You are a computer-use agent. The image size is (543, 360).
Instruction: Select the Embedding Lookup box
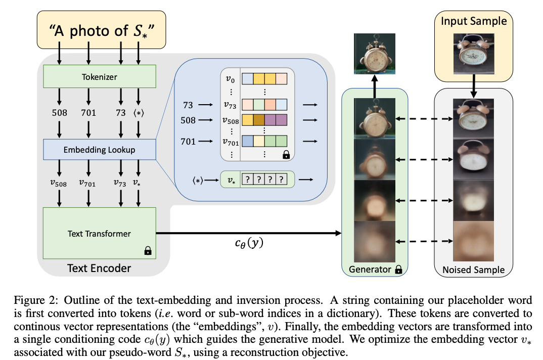(99, 150)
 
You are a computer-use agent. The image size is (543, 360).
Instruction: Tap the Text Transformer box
(99, 233)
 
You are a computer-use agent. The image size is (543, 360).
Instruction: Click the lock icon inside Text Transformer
(148, 250)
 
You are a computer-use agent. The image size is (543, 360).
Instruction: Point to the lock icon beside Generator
(399, 269)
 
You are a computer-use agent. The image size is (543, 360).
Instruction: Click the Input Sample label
(474, 21)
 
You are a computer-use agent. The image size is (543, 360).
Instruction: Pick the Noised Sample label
(474, 269)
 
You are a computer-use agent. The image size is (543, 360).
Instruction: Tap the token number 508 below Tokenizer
(59, 113)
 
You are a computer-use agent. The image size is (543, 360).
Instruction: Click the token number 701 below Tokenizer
(88, 113)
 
